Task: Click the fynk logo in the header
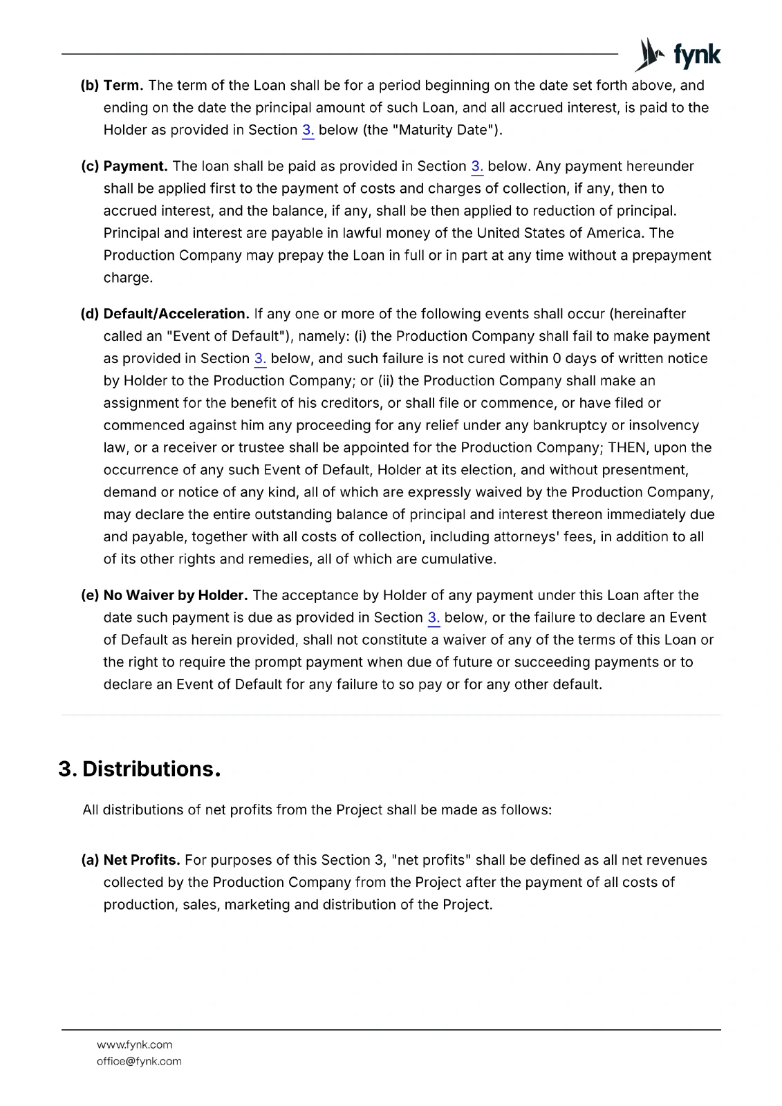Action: click(x=678, y=55)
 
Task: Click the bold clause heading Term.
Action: click(x=123, y=86)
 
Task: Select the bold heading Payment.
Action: click(x=136, y=167)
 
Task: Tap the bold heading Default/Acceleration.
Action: click(x=176, y=314)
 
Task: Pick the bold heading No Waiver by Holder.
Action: click(x=176, y=595)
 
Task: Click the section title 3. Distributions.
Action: click(x=140, y=769)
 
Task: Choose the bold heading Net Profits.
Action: click(x=142, y=860)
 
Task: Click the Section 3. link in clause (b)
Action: click(x=308, y=130)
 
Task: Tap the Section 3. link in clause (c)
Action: click(x=477, y=167)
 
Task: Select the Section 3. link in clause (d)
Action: click(x=260, y=359)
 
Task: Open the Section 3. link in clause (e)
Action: click(x=434, y=618)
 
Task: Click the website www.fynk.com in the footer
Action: click(x=135, y=1044)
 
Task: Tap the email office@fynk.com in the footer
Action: click(x=139, y=1061)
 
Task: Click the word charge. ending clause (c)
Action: click(x=128, y=278)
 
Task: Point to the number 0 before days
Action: click(x=557, y=359)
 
